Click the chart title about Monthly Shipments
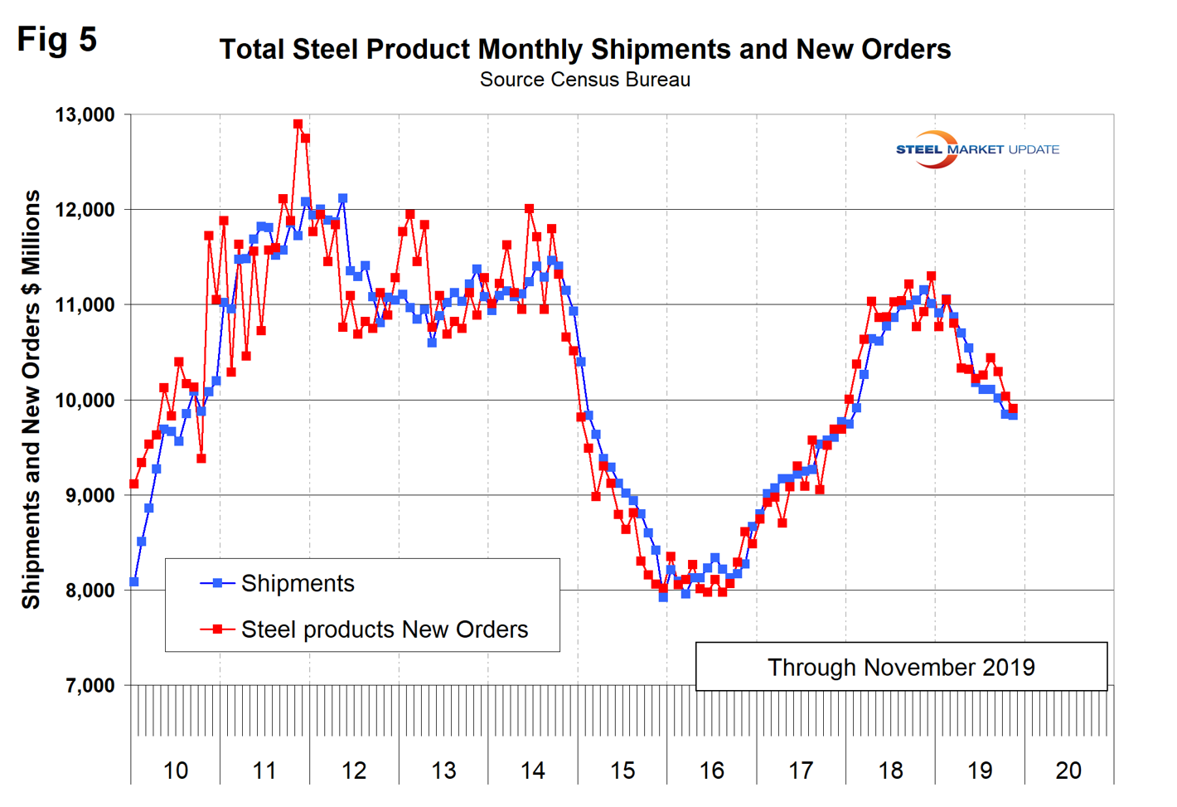(x=584, y=50)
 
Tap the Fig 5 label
(x=57, y=39)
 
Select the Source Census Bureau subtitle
(x=584, y=80)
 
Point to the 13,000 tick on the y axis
(x=85, y=114)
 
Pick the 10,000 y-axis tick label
(x=85, y=401)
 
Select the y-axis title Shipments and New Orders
(x=31, y=399)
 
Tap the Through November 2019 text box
(x=901, y=667)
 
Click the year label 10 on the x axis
(x=175, y=771)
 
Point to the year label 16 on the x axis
(x=711, y=771)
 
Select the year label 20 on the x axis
(x=1068, y=771)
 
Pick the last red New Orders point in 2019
(x=1013, y=409)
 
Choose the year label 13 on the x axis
(x=443, y=771)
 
